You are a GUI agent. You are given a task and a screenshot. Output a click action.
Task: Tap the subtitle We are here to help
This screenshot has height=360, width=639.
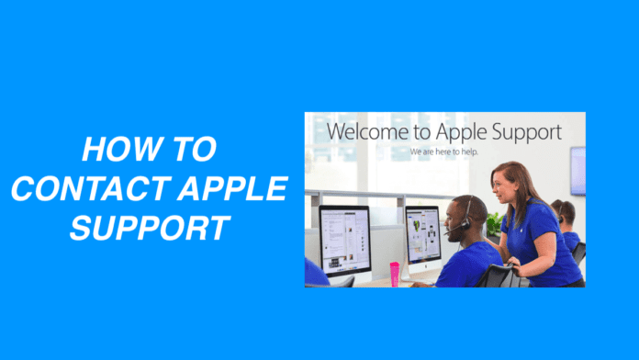(x=445, y=151)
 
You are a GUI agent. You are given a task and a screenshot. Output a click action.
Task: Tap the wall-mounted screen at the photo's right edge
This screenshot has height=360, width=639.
(x=578, y=170)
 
